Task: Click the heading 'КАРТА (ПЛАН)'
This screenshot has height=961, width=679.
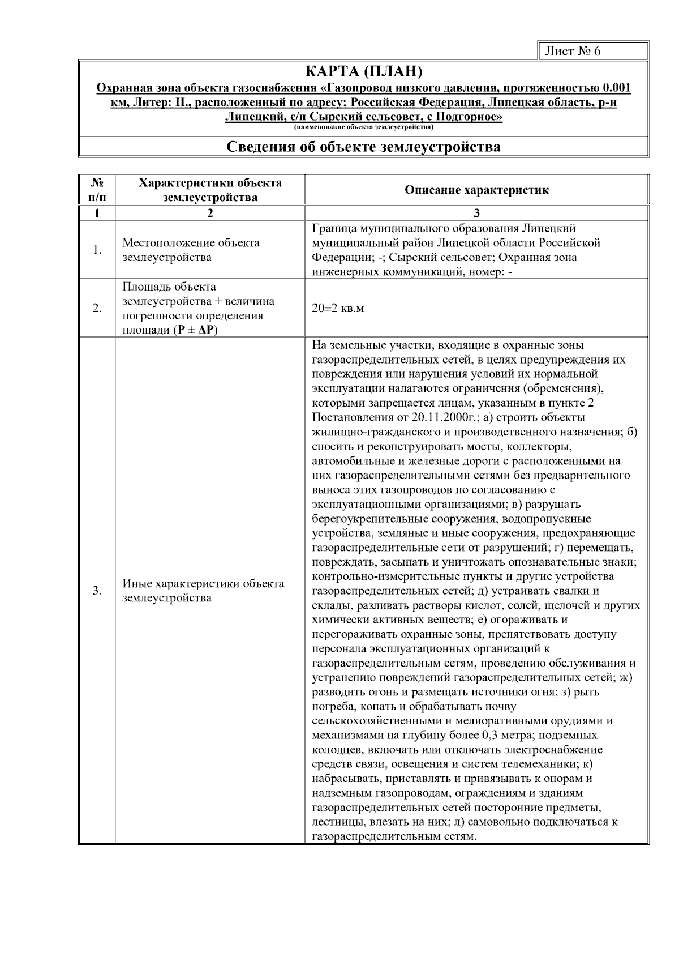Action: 363,72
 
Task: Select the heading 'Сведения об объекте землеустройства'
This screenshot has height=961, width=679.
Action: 363,147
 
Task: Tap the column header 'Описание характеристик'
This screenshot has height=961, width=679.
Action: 476,190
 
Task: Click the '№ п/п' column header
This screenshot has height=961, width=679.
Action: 97,190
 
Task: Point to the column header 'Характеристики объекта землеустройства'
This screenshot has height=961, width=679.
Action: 210,190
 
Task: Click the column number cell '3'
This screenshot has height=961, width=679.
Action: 476,213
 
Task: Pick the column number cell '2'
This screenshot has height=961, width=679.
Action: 210,213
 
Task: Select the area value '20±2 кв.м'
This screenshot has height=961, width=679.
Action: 338,309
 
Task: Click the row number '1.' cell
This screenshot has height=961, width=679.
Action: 97,250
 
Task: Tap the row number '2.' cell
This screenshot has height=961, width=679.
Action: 97,309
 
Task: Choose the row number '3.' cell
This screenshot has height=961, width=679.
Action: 97,591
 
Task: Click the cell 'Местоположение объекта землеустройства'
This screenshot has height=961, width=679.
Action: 191,250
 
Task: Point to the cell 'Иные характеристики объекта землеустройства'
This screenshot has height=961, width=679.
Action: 203,591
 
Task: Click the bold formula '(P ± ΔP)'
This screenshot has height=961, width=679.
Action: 195,331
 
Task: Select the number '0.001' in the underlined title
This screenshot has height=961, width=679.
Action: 617,88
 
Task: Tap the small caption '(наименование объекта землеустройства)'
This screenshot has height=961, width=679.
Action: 363,127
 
